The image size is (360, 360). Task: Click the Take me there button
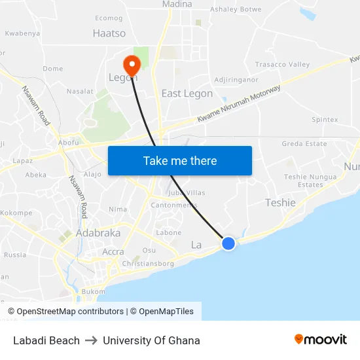pyautogui.click(x=180, y=160)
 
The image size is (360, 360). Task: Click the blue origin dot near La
pyautogui.click(x=228, y=243)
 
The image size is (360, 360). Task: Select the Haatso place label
pyautogui.click(x=109, y=33)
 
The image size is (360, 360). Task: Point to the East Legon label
pyautogui.click(x=187, y=94)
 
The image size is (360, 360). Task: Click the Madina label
pyautogui.click(x=177, y=5)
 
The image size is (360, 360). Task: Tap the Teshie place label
pyautogui.click(x=280, y=203)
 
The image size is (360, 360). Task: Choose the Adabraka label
pyautogui.click(x=98, y=233)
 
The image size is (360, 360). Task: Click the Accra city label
pyautogui.click(x=113, y=251)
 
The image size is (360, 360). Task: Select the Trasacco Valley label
pyautogui.click(x=282, y=65)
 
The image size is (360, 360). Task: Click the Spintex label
pyautogui.click(x=325, y=120)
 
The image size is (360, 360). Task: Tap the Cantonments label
pyautogui.click(x=174, y=205)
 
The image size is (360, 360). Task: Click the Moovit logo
pyautogui.click(x=321, y=339)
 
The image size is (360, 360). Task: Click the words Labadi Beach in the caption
pyautogui.click(x=46, y=340)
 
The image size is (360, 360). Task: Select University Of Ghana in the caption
pyautogui.click(x=151, y=340)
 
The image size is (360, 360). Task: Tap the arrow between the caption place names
pyautogui.click(x=91, y=340)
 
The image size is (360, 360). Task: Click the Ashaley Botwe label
pyautogui.click(x=236, y=10)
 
